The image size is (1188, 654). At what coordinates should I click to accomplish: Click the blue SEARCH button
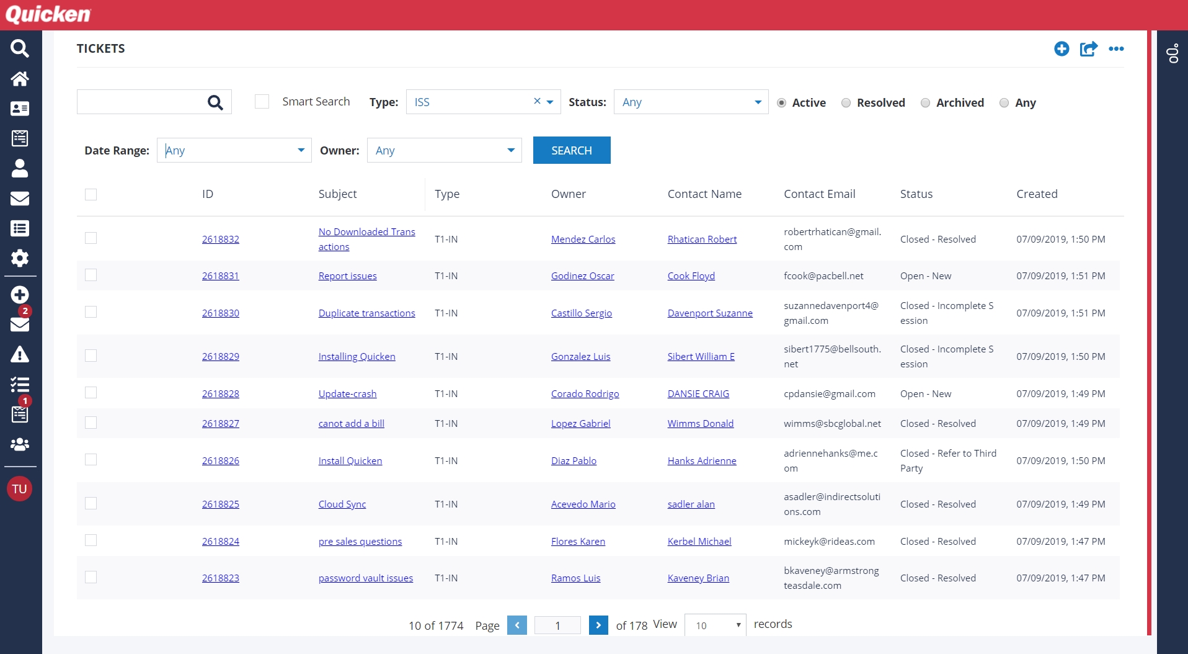click(x=571, y=150)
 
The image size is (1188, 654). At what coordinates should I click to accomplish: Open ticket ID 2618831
click(x=220, y=276)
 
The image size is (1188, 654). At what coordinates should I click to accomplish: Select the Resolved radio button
click(x=846, y=103)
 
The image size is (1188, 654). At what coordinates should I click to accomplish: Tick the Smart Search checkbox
click(x=262, y=102)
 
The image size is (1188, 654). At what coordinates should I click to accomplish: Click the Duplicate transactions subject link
click(x=366, y=313)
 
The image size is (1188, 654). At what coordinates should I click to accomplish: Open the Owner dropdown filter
click(x=444, y=150)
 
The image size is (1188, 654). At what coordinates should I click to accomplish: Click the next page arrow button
click(x=598, y=625)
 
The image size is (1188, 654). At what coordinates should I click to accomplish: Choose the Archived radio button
click(x=925, y=103)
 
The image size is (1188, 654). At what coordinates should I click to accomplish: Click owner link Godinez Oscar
click(x=582, y=276)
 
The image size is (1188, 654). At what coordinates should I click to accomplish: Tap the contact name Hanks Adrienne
click(x=701, y=461)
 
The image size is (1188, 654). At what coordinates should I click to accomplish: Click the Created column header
click(x=1037, y=194)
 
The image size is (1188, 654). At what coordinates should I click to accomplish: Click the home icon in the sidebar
click(x=20, y=79)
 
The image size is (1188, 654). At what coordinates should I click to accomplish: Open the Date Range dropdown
click(x=234, y=150)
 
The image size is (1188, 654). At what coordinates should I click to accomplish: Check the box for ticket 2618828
click(x=91, y=393)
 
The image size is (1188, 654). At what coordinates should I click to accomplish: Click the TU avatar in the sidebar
click(x=19, y=489)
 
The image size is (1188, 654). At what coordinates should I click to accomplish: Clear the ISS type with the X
click(x=537, y=101)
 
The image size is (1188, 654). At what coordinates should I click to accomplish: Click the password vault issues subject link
click(x=365, y=578)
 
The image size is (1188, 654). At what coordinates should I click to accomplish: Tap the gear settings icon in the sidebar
click(x=20, y=258)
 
